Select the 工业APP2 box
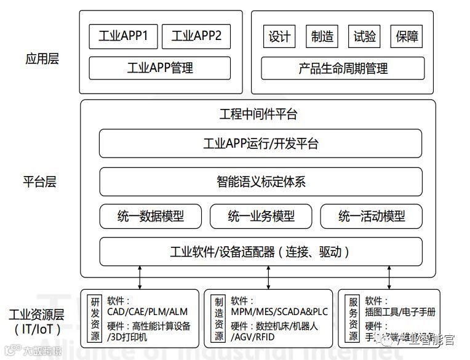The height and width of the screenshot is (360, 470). click(196, 36)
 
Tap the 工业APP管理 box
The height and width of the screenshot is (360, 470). click(159, 68)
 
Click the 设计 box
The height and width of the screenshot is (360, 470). click(279, 36)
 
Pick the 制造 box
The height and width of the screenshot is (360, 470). click(322, 36)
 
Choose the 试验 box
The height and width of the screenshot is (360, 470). click(365, 36)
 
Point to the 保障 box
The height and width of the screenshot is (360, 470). click(407, 36)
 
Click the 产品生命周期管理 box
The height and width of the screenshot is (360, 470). click(343, 68)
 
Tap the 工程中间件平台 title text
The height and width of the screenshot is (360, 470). click(258, 114)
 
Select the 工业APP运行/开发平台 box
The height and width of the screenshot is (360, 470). click(261, 144)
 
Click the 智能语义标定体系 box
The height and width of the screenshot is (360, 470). click(261, 182)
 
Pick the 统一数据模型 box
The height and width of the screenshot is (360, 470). click(151, 216)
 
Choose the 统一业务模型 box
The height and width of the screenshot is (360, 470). click(261, 216)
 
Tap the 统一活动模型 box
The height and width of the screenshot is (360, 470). click(372, 216)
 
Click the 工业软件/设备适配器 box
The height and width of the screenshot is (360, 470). click(261, 252)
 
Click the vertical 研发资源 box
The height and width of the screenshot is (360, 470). click(95, 318)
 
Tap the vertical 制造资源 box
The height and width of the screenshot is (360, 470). click(219, 318)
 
